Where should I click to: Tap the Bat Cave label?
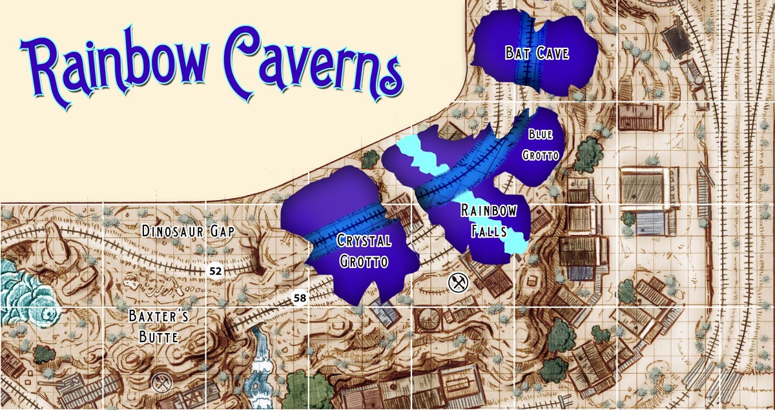[x=537, y=53]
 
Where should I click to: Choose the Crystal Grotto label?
[x=364, y=251]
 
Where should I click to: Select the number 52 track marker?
[x=216, y=272]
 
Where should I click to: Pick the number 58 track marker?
[x=299, y=298]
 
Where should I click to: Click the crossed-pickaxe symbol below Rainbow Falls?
[x=457, y=282]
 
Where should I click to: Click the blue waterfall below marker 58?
[x=262, y=362]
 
